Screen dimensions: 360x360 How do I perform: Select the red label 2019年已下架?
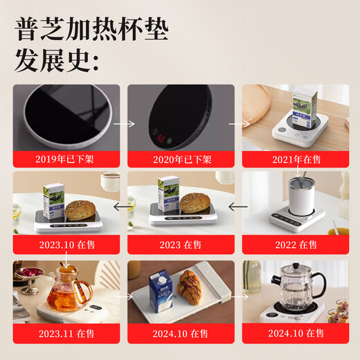click(x=65, y=159)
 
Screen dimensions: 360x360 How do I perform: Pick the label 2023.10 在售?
click(x=65, y=244)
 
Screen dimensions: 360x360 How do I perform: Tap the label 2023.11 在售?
click(x=65, y=332)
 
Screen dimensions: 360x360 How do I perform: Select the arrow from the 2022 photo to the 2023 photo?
click(x=237, y=205)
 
